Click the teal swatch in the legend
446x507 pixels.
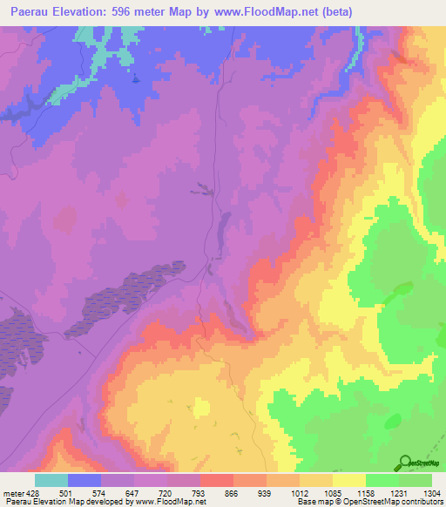pyautogui.click(x=51, y=480)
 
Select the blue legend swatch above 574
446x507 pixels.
pyautogui.click(x=84, y=480)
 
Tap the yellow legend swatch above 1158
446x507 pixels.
pyautogui.click(x=349, y=480)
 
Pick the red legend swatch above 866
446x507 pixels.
pyautogui.click(x=217, y=480)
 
